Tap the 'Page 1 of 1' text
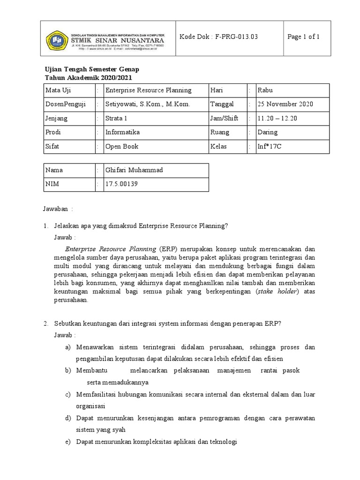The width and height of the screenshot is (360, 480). (304, 37)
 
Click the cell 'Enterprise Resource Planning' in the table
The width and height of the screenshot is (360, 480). (148, 90)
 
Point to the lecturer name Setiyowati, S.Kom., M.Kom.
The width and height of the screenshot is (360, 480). (148, 104)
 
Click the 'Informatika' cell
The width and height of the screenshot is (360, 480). (122, 132)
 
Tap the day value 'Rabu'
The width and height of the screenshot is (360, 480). (266, 90)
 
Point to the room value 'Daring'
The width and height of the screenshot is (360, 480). (268, 132)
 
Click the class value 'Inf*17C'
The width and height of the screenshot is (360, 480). (270, 146)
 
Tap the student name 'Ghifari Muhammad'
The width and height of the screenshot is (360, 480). (134, 170)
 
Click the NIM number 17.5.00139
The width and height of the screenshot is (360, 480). (122, 184)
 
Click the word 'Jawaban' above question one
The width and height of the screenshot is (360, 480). (56, 208)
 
